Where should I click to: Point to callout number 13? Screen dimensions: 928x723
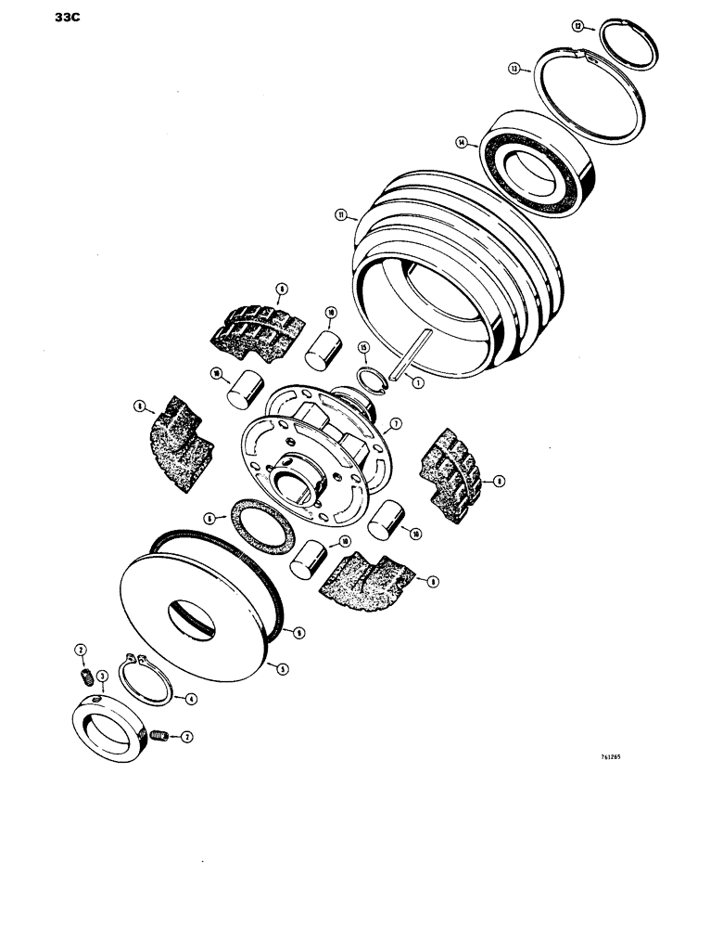[514, 68]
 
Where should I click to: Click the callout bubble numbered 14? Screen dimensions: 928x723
[460, 143]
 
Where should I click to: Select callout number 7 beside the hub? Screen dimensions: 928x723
[395, 423]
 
